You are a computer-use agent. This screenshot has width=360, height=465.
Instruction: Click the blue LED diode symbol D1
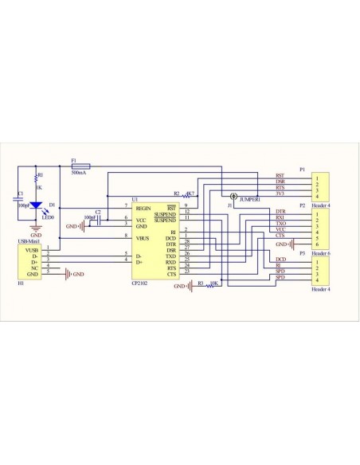36,206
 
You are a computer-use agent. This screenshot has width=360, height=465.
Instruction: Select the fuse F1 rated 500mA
80,166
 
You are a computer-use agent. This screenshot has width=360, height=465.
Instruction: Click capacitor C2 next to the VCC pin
98,218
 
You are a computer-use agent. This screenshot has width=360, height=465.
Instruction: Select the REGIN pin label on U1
144,206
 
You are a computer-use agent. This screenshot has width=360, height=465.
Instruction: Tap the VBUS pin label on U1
143,236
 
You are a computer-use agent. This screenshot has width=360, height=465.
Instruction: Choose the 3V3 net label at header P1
280,193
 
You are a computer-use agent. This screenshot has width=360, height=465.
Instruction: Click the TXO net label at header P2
280,224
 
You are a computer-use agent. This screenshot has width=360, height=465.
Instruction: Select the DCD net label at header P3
280,260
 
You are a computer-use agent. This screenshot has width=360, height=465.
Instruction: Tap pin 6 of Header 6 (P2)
318,244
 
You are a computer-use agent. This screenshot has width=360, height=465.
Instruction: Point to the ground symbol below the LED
36,229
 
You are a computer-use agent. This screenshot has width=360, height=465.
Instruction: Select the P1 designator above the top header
303,169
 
